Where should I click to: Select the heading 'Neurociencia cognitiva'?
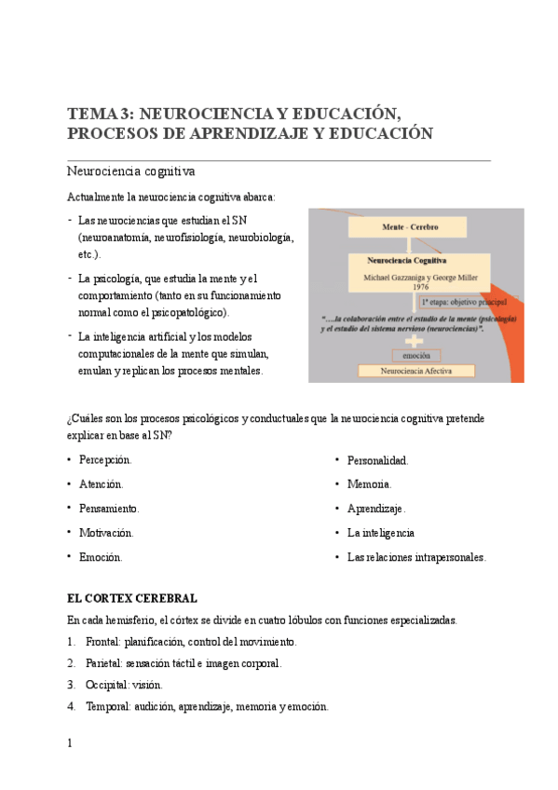click(130, 171)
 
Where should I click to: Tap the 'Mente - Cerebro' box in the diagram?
click(410, 227)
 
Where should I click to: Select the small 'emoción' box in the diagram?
click(416, 355)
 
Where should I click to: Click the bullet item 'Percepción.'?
click(105, 460)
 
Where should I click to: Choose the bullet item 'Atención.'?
click(102, 484)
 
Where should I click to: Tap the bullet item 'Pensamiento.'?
click(109, 509)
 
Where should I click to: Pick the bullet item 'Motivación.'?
click(106, 533)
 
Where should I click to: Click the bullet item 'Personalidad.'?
click(377, 460)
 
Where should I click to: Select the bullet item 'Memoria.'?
click(369, 484)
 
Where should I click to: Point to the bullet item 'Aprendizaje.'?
click(376, 509)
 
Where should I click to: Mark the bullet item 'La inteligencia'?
click(380, 533)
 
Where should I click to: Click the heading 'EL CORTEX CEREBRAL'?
click(131, 598)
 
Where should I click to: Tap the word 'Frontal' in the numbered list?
click(102, 642)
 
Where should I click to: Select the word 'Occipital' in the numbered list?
click(105, 685)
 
